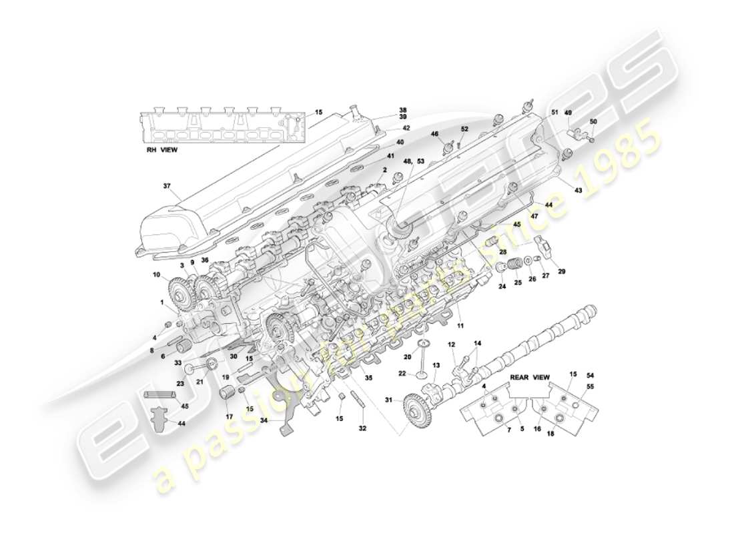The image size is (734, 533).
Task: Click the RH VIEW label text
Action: click(162, 150)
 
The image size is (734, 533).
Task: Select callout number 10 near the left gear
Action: click(156, 274)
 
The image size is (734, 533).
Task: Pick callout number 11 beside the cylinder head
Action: click(459, 326)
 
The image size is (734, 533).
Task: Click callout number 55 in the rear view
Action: click(589, 386)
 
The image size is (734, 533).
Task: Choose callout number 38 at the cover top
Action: click(402, 110)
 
